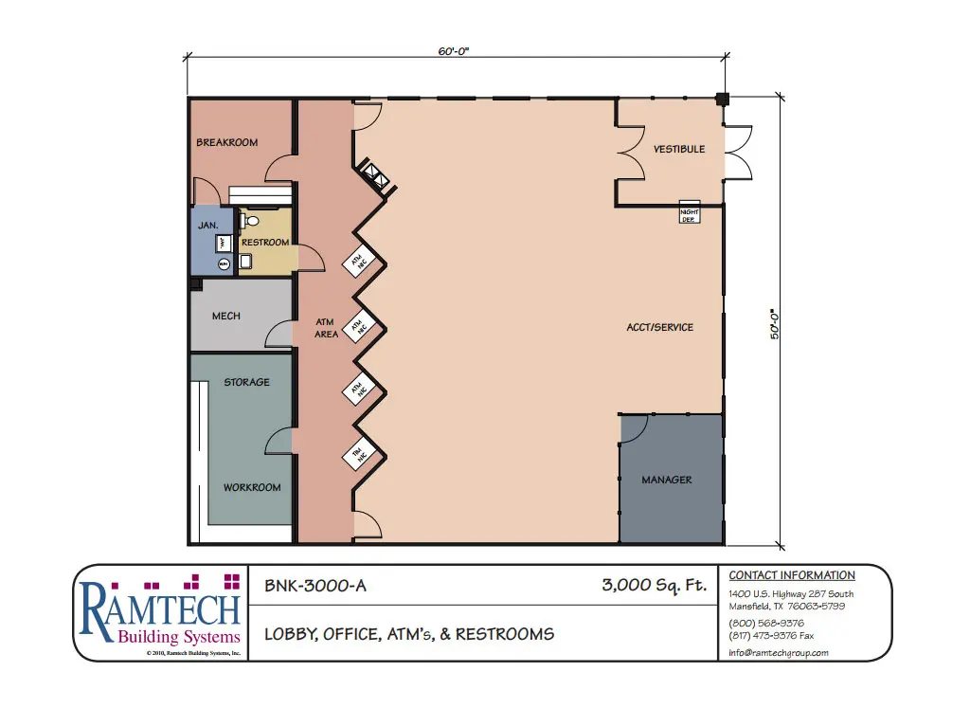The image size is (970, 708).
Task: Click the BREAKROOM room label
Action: (x=226, y=143)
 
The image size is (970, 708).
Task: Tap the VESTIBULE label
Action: (x=679, y=150)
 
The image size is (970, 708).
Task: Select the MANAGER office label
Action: (x=667, y=481)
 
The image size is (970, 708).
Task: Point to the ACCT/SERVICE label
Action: (x=660, y=328)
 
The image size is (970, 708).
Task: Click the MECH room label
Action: (x=225, y=317)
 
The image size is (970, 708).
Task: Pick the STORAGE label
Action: (x=246, y=383)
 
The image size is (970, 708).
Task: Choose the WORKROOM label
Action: (x=252, y=488)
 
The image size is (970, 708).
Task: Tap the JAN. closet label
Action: (x=208, y=226)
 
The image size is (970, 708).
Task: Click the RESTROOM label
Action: (x=265, y=243)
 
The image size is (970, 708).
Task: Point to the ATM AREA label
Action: (x=326, y=328)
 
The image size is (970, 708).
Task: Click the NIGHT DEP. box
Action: (x=690, y=214)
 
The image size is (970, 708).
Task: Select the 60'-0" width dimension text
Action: (x=453, y=51)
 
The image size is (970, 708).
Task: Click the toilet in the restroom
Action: (x=249, y=221)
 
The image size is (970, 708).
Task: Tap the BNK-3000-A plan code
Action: (x=314, y=586)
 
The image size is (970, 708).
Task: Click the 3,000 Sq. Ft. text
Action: (x=655, y=586)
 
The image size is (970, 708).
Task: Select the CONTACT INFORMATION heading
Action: (x=792, y=575)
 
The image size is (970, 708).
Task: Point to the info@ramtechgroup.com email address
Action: (x=780, y=653)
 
